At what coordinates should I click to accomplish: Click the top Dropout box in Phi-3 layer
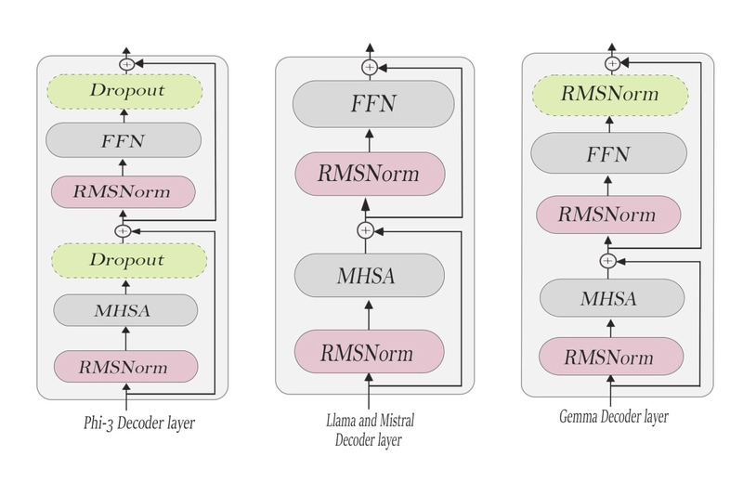pyautogui.click(x=124, y=91)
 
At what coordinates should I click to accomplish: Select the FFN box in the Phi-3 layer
pyautogui.click(x=124, y=140)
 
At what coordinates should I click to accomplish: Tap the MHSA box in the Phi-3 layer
pyautogui.click(x=125, y=310)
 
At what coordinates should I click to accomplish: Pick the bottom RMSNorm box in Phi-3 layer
pyautogui.click(x=125, y=367)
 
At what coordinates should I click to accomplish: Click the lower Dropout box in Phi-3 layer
pyautogui.click(x=129, y=261)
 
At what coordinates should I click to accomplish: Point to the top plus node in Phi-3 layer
pyautogui.click(x=126, y=64)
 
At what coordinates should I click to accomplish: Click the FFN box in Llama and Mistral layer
pyautogui.click(x=373, y=104)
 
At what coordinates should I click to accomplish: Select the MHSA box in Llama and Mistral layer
pyautogui.click(x=369, y=275)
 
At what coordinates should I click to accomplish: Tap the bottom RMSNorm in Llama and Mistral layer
pyautogui.click(x=369, y=351)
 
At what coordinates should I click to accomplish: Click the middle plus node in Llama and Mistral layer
pyautogui.click(x=365, y=230)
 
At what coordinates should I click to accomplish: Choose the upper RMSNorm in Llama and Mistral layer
pyautogui.click(x=370, y=174)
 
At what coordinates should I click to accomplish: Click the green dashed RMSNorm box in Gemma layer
pyautogui.click(x=610, y=94)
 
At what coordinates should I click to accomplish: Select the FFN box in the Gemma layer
pyautogui.click(x=608, y=153)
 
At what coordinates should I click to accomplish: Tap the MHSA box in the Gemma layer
pyautogui.click(x=612, y=298)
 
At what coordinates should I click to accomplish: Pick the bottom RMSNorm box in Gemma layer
pyautogui.click(x=611, y=357)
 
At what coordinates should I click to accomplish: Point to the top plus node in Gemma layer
pyautogui.click(x=612, y=63)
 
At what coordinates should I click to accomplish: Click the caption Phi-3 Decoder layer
pyautogui.click(x=139, y=423)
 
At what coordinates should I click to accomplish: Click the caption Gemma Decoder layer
pyautogui.click(x=614, y=417)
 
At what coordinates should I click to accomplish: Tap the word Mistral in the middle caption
pyautogui.click(x=398, y=420)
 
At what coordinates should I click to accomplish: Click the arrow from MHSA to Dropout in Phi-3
pyautogui.click(x=125, y=287)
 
